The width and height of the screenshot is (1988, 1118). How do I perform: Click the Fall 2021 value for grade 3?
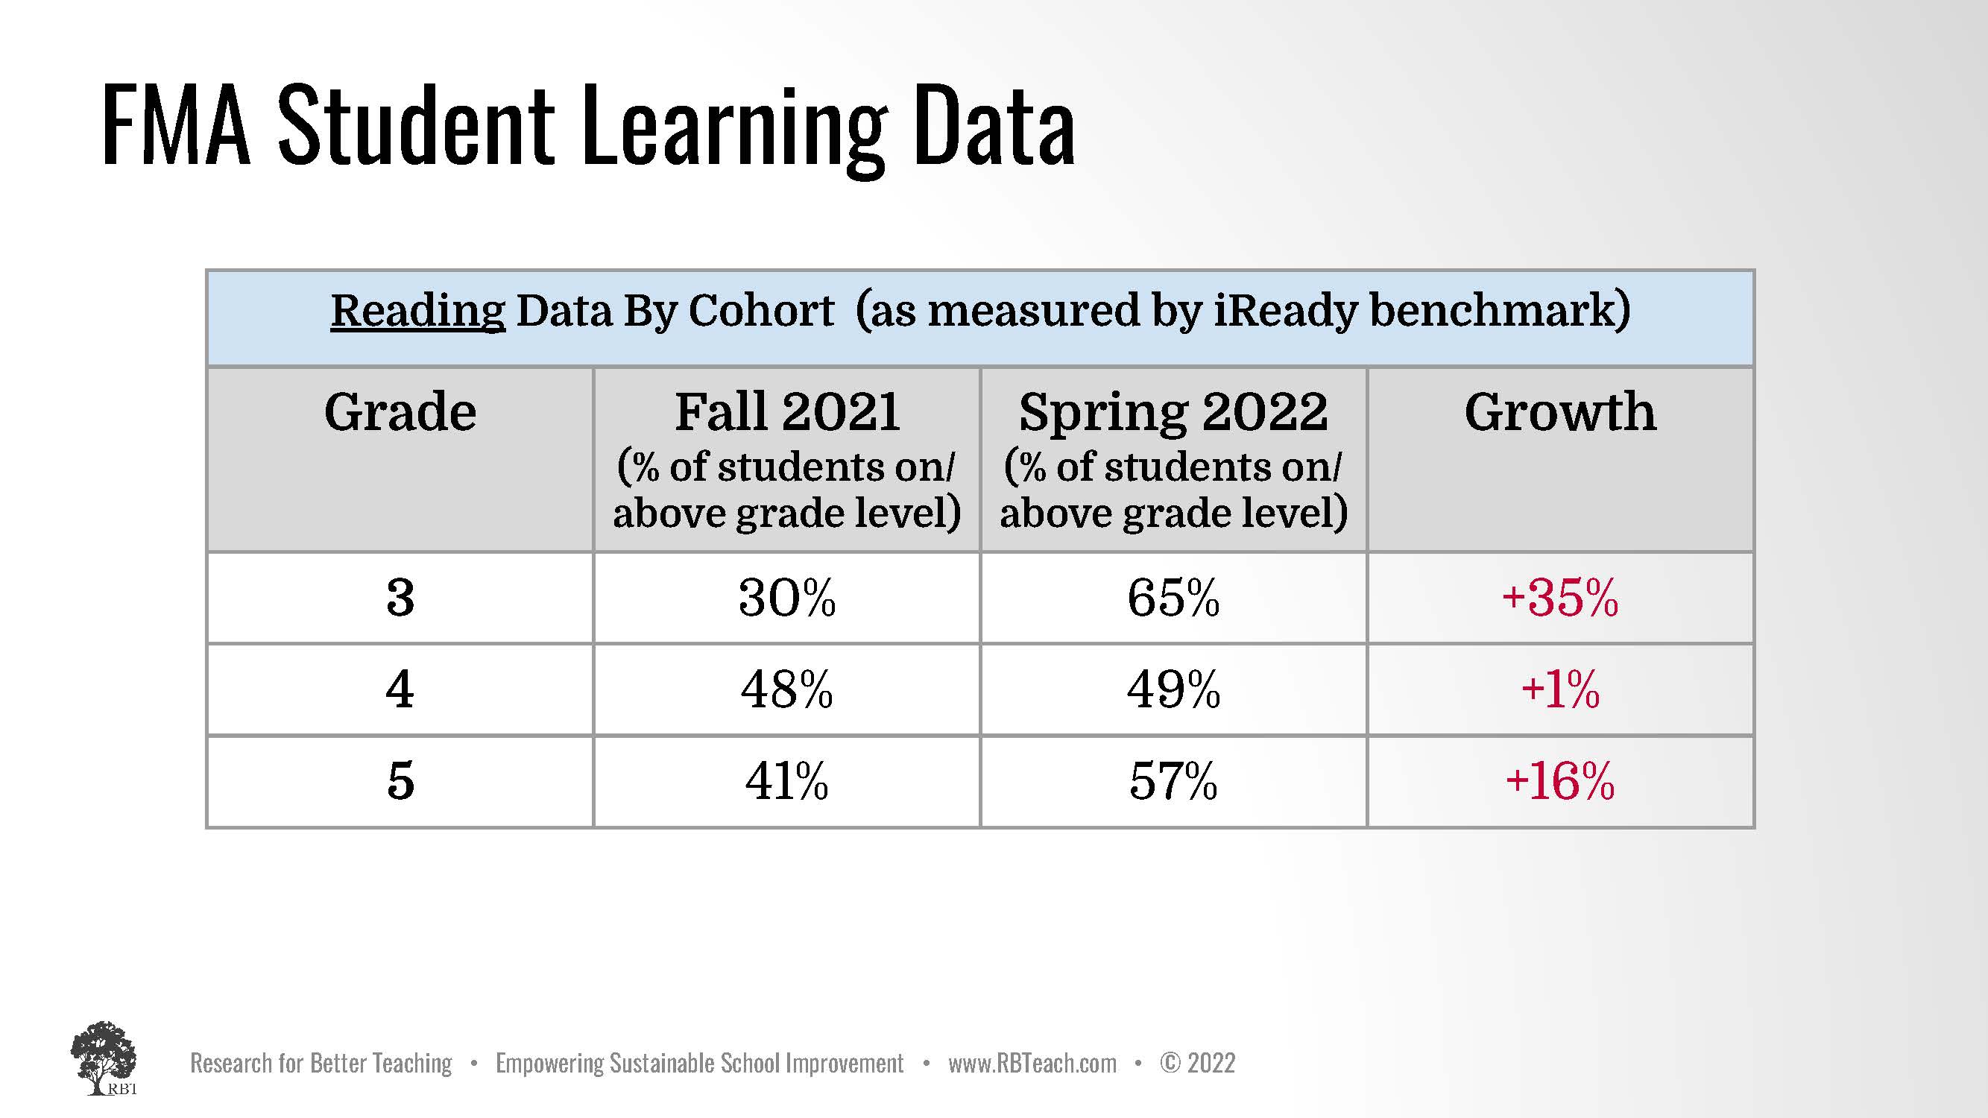pyautogui.click(x=786, y=597)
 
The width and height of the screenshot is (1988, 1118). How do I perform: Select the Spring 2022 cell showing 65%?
pyautogui.click(x=1173, y=597)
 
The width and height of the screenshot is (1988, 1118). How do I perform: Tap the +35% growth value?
pyautogui.click(x=1559, y=597)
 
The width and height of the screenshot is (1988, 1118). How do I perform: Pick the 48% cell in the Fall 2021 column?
pyautogui.click(x=786, y=688)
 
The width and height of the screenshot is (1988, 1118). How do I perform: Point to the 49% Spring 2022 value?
pyautogui.click(x=1173, y=688)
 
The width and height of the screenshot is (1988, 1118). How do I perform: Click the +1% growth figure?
pyautogui.click(x=1559, y=688)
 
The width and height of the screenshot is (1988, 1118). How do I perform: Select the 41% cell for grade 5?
pyautogui.click(x=786, y=780)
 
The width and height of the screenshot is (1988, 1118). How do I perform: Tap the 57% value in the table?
pyautogui.click(x=1173, y=780)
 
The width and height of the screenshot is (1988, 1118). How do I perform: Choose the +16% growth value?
pyautogui.click(x=1559, y=780)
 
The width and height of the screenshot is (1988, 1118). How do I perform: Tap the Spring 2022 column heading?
pyautogui.click(x=1173, y=414)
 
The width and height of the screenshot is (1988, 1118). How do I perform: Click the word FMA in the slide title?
pyautogui.click(x=177, y=125)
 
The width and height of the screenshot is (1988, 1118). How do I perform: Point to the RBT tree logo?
pyautogui.click(x=104, y=1058)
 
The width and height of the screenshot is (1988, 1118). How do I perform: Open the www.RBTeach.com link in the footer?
pyautogui.click(x=1032, y=1064)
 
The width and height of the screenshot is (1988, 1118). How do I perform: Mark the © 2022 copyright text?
pyautogui.click(x=1197, y=1064)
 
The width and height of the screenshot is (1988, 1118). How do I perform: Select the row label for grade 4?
pyautogui.click(x=400, y=688)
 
